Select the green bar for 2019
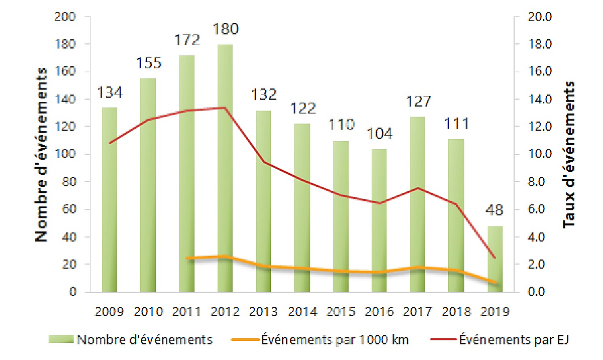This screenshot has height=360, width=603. pyautogui.click(x=494, y=259)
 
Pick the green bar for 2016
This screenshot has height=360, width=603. pyautogui.click(x=379, y=220)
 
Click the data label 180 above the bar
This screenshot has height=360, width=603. pyautogui.click(x=225, y=29)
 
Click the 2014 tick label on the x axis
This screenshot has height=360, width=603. pyautogui.click(x=303, y=312)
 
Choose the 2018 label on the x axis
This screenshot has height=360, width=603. pyautogui.click(x=456, y=312)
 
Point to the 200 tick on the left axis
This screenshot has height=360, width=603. pyautogui.click(x=67, y=17)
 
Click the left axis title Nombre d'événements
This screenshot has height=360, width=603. pyautogui.click(x=42, y=155)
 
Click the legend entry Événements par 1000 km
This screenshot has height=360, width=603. pyautogui.click(x=335, y=340)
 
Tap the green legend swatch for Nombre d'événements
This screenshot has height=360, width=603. pyautogui.click(x=61, y=340)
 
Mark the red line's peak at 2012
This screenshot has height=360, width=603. pyautogui.click(x=225, y=107)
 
